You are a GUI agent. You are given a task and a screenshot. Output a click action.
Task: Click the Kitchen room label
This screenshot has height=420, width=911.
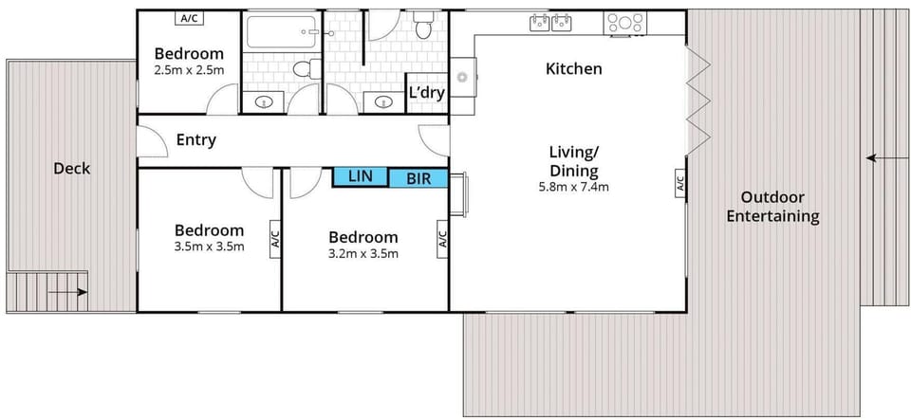coord(573,69)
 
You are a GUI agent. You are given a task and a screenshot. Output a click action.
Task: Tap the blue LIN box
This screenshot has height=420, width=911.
coord(361,175)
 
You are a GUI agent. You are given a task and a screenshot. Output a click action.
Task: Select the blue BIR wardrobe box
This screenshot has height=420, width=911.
coord(418,178)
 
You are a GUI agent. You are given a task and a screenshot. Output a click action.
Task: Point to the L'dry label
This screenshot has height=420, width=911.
coord(425,93)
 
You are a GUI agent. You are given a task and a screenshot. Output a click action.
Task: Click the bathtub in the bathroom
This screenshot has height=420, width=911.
coord(281,34)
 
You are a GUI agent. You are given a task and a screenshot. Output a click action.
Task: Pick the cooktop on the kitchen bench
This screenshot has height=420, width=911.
coord(625,23)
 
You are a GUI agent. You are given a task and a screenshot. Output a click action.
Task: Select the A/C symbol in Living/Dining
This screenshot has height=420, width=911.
coord(679,184)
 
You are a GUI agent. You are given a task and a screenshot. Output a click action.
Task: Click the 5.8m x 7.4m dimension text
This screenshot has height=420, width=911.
coord(573,187)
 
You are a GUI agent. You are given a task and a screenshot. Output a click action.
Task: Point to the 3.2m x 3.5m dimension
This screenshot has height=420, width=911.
coord(363,253)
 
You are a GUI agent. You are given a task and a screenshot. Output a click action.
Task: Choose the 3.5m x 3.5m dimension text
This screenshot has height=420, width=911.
coord(210,247)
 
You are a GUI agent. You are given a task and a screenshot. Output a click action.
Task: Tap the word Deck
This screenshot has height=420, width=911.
coord(71,169)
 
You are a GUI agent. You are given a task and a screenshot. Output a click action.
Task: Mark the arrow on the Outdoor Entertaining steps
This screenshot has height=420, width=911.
coord(884,158)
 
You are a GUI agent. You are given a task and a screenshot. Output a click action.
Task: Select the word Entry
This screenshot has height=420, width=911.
coord(196,140)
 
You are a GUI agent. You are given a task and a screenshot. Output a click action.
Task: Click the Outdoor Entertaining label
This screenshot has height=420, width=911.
coord(772,207)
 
